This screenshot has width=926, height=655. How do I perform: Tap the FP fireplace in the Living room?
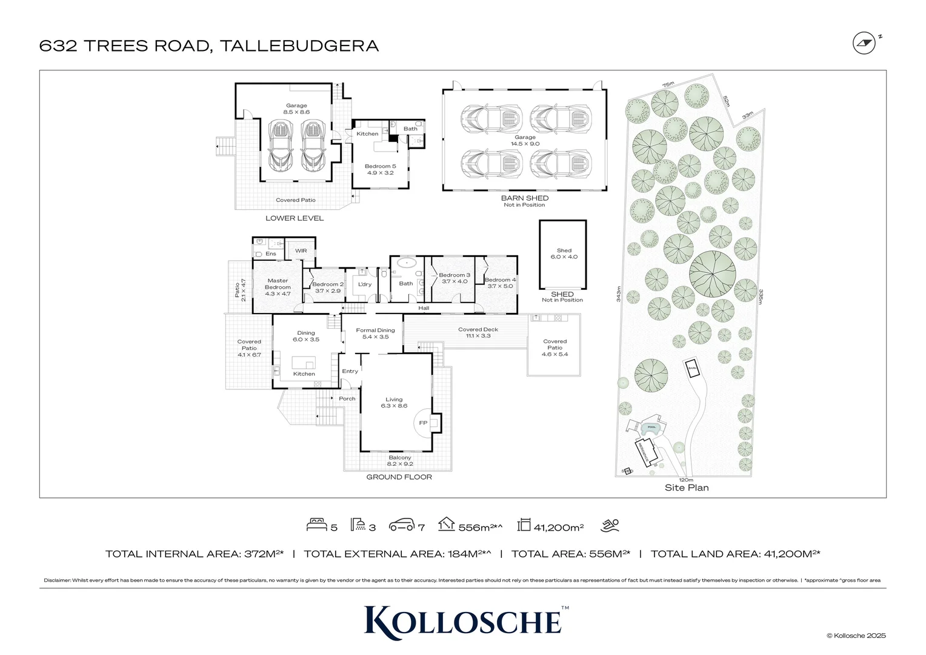tap(423, 423)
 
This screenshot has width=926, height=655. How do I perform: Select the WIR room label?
tap(301, 250)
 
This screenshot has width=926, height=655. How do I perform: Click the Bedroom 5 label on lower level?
tap(380, 169)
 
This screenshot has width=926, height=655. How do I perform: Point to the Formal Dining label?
tap(375, 334)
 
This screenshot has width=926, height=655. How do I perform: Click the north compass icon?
tap(864, 44)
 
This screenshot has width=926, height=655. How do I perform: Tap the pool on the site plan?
tap(651, 428)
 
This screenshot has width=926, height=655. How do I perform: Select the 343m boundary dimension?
tap(618, 294)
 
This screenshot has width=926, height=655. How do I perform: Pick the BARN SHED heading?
tap(524, 198)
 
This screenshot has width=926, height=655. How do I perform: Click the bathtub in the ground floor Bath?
tap(405, 264)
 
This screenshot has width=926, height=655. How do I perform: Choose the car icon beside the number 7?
tap(401, 525)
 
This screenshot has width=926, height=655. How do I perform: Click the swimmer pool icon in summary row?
tap(610, 525)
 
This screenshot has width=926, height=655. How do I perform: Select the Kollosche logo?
tap(463, 621)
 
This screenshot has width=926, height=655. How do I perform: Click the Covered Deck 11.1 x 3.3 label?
tap(478, 332)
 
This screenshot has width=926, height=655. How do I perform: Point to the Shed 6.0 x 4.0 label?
tap(564, 254)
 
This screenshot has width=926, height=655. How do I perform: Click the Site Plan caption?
tap(686, 488)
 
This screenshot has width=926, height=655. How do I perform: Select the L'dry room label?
tap(364, 284)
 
